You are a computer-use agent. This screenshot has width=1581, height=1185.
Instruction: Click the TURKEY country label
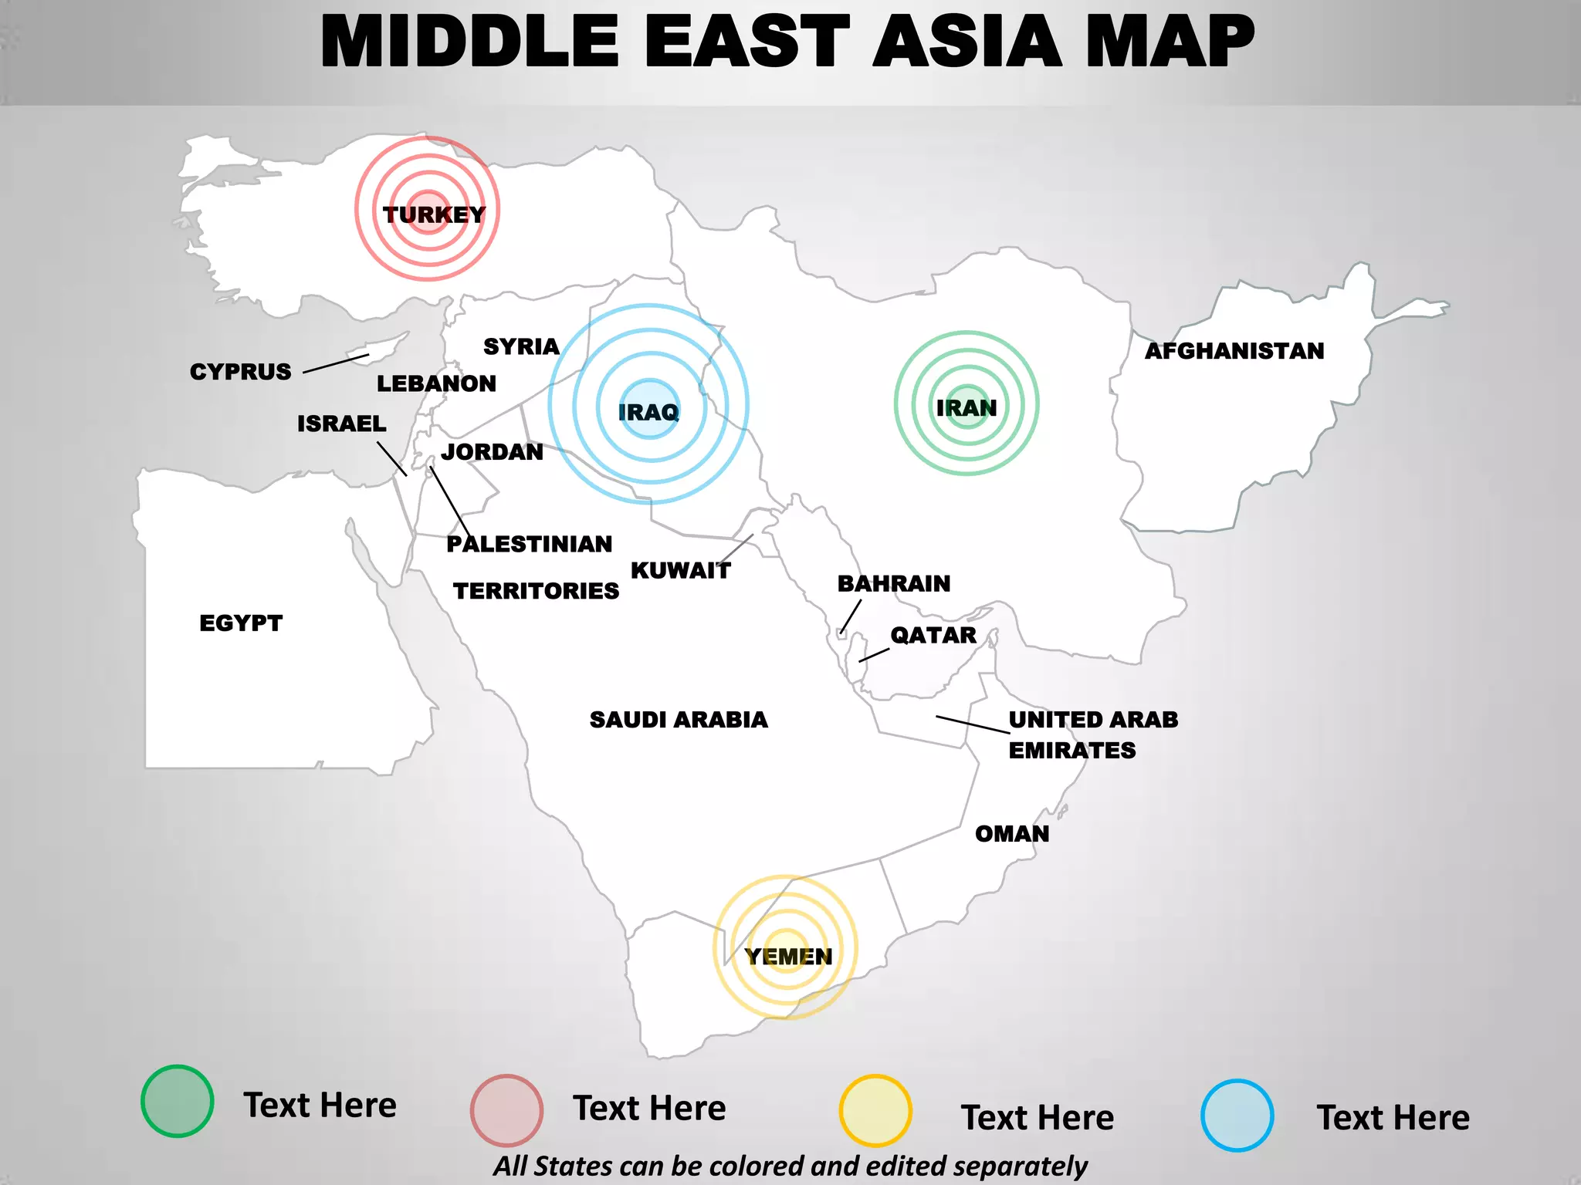click(x=434, y=214)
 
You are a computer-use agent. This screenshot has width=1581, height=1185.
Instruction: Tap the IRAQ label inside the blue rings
click(x=648, y=412)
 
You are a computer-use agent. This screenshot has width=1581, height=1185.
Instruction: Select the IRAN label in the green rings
click(x=967, y=407)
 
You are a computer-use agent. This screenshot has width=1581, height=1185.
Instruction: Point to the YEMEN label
click(x=788, y=957)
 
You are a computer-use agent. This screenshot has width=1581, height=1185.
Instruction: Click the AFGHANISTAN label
click(x=1234, y=351)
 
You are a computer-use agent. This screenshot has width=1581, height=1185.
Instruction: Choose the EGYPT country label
click(x=241, y=623)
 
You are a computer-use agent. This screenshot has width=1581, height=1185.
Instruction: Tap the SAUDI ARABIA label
click(x=679, y=720)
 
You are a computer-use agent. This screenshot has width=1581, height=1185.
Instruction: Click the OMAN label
click(x=1012, y=834)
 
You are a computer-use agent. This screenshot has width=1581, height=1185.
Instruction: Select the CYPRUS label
click(x=240, y=372)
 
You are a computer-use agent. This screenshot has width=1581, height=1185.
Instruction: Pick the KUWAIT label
click(x=680, y=571)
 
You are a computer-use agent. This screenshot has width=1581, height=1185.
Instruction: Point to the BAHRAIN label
click(x=894, y=583)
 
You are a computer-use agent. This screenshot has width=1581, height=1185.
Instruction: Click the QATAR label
click(x=933, y=635)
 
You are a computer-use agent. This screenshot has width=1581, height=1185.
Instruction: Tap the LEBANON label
click(x=436, y=383)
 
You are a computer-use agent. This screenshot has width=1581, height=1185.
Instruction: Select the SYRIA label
click(x=521, y=346)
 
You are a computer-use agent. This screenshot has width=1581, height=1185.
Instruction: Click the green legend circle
click(x=177, y=1101)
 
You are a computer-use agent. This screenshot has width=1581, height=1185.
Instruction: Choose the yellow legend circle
click(x=875, y=1110)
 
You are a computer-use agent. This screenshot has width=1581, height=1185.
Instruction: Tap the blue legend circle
click(x=1237, y=1116)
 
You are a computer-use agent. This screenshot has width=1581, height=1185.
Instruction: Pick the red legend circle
click(x=506, y=1110)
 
